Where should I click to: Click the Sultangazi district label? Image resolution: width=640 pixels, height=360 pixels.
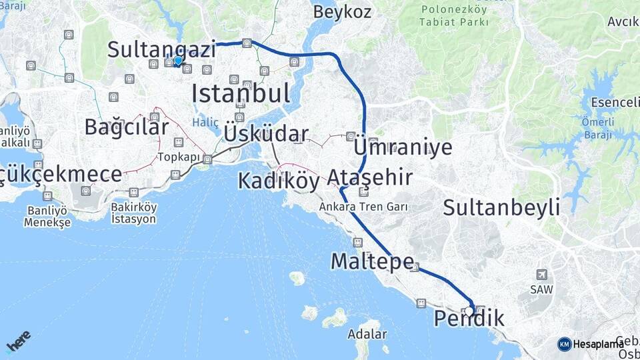[x=161, y=49]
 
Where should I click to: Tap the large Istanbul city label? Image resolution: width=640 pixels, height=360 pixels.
[x=241, y=93]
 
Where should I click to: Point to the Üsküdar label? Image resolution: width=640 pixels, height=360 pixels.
[x=265, y=133]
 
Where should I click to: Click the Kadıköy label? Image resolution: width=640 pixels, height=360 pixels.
[x=279, y=180]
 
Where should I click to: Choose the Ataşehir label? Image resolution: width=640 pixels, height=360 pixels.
[x=369, y=177]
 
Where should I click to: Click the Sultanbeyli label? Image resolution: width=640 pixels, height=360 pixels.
[x=501, y=207]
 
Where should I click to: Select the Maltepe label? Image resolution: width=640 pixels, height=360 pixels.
[x=372, y=261]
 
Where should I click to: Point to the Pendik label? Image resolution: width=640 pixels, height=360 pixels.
[x=469, y=319]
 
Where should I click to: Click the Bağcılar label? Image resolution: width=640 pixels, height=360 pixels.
[x=126, y=127]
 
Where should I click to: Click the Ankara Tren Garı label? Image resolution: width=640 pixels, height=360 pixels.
[x=363, y=207]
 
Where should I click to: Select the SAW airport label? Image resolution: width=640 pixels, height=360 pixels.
[x=541, y=290]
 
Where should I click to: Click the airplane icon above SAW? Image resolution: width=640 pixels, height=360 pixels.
[x=541, y=275]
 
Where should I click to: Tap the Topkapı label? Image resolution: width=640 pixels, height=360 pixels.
[x=179, y=157]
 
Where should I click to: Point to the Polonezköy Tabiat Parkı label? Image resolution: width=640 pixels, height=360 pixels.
[x=454, y=16]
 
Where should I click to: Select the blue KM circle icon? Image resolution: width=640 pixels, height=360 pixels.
[x=564, y=344]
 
